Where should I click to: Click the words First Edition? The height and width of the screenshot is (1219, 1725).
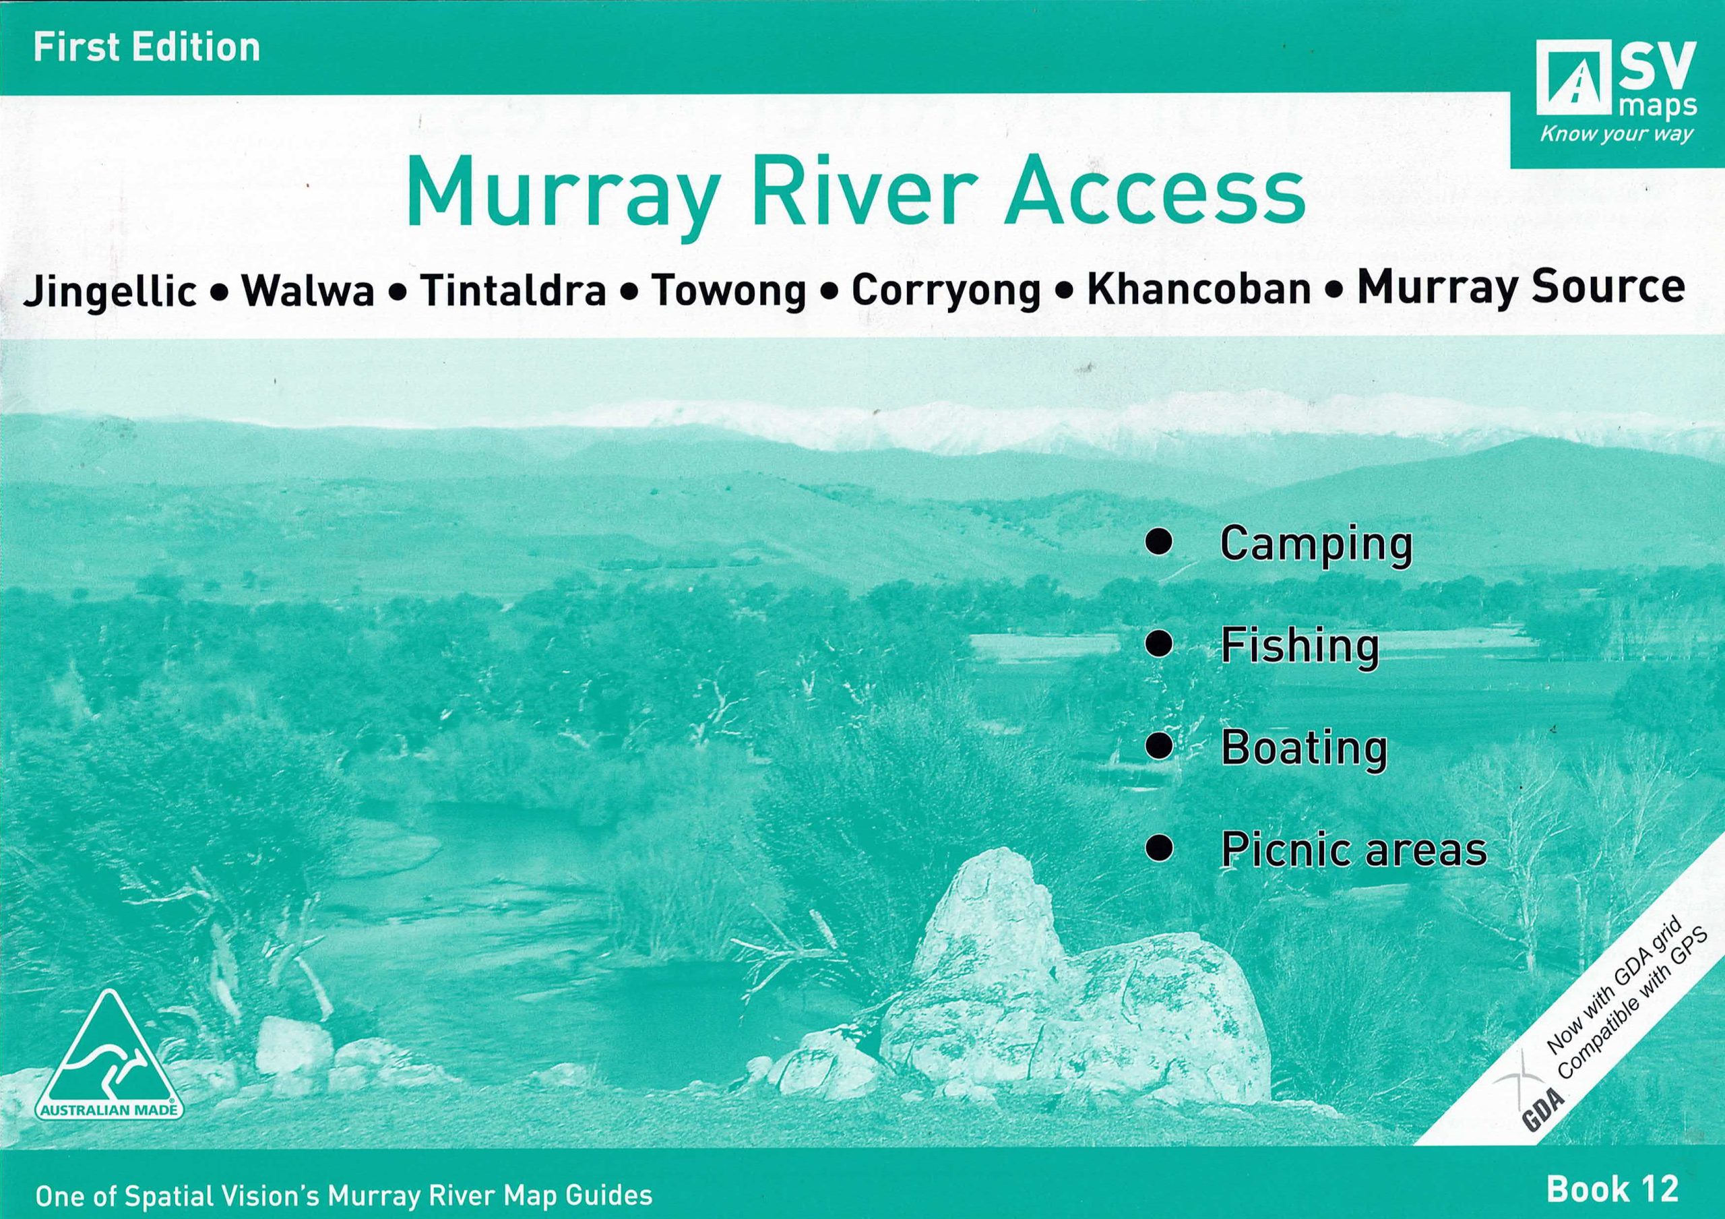pyautogui.click(x=146, y=46)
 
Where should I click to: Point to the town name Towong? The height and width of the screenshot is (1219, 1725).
pyautogui.click(x=729, y=291)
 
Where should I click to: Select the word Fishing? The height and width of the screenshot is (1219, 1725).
pyautogui.click(x=1300, y=646)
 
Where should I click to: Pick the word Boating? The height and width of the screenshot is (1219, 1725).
pyautogui.click(x=1303, y=748)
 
